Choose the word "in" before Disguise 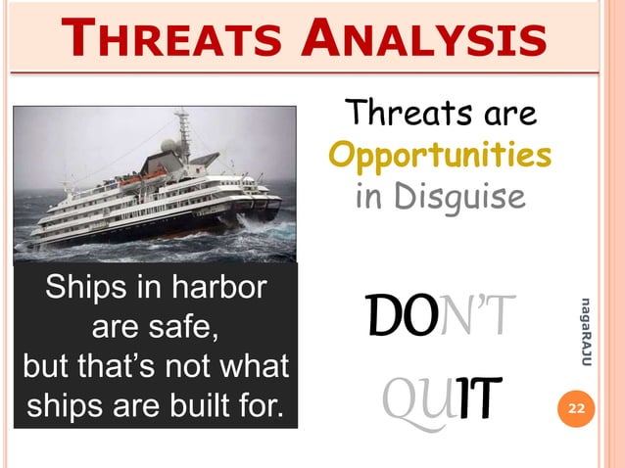click(368, 198)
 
